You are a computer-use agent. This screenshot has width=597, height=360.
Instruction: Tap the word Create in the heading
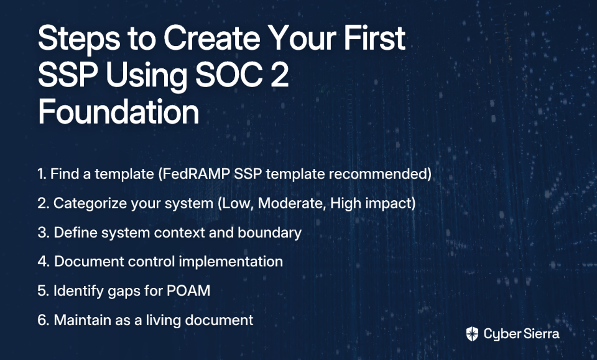[x=212, y=38]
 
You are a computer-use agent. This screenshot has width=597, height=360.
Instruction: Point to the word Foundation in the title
[x=118, y=111]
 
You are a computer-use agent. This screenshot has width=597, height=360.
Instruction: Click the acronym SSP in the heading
[x=67, y=75]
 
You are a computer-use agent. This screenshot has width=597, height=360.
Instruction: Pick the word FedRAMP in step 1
[x=194, y=174]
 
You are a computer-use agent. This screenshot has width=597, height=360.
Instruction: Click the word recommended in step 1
[x=380, y=174]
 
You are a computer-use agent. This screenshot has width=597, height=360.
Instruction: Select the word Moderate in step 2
[x=292, y=203]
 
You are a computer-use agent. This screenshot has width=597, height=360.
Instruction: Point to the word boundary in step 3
[x=269, y=233]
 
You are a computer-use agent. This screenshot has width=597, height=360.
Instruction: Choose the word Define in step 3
[x=75, y=233]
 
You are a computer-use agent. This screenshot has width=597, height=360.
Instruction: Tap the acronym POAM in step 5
[x=188, y=291]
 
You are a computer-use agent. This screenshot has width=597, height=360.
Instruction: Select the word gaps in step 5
[x=124, y=292]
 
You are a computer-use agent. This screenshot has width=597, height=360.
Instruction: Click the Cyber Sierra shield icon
[x=472, y=334]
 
